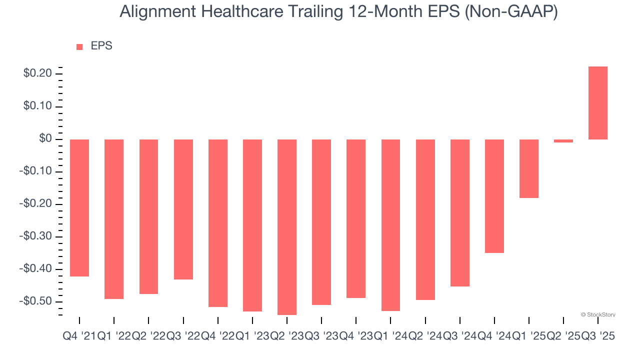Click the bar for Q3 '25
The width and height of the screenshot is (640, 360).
click(598, 103)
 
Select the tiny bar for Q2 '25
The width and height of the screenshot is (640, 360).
click(563, 141)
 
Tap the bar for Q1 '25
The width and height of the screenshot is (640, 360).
click(529, 168)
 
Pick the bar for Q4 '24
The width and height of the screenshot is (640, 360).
click(494, 196)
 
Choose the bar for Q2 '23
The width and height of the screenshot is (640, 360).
click(287, 227)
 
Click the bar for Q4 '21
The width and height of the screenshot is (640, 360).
click(79, 208)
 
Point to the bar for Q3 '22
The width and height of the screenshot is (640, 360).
click(183, 209)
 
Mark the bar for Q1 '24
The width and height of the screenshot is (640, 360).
click(391, 225)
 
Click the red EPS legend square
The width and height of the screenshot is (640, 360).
click(79, 47)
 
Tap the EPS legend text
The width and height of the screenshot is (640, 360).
click(101, 46)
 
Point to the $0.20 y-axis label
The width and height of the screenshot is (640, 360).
click(37, 74)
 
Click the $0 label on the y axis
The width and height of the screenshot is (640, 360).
click(46, 139)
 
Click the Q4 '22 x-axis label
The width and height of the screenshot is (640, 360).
click(218, 337)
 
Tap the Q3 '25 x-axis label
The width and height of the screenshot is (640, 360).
click(598, 337)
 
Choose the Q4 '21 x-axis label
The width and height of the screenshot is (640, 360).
click(78, 337)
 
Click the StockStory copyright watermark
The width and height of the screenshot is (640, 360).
click(598, 314)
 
